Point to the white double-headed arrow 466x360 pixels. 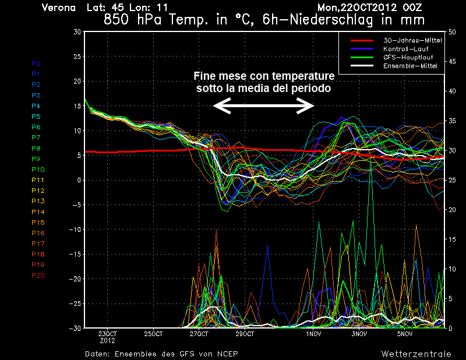(x=263, y=105)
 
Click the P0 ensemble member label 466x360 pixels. (x=36, y=63)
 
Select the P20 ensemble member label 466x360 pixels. (x=38, y=276)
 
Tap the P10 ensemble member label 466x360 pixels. (x=38, y=170)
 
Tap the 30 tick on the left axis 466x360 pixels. (x=76, y=31)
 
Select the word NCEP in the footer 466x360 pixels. (x=225, y=354)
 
